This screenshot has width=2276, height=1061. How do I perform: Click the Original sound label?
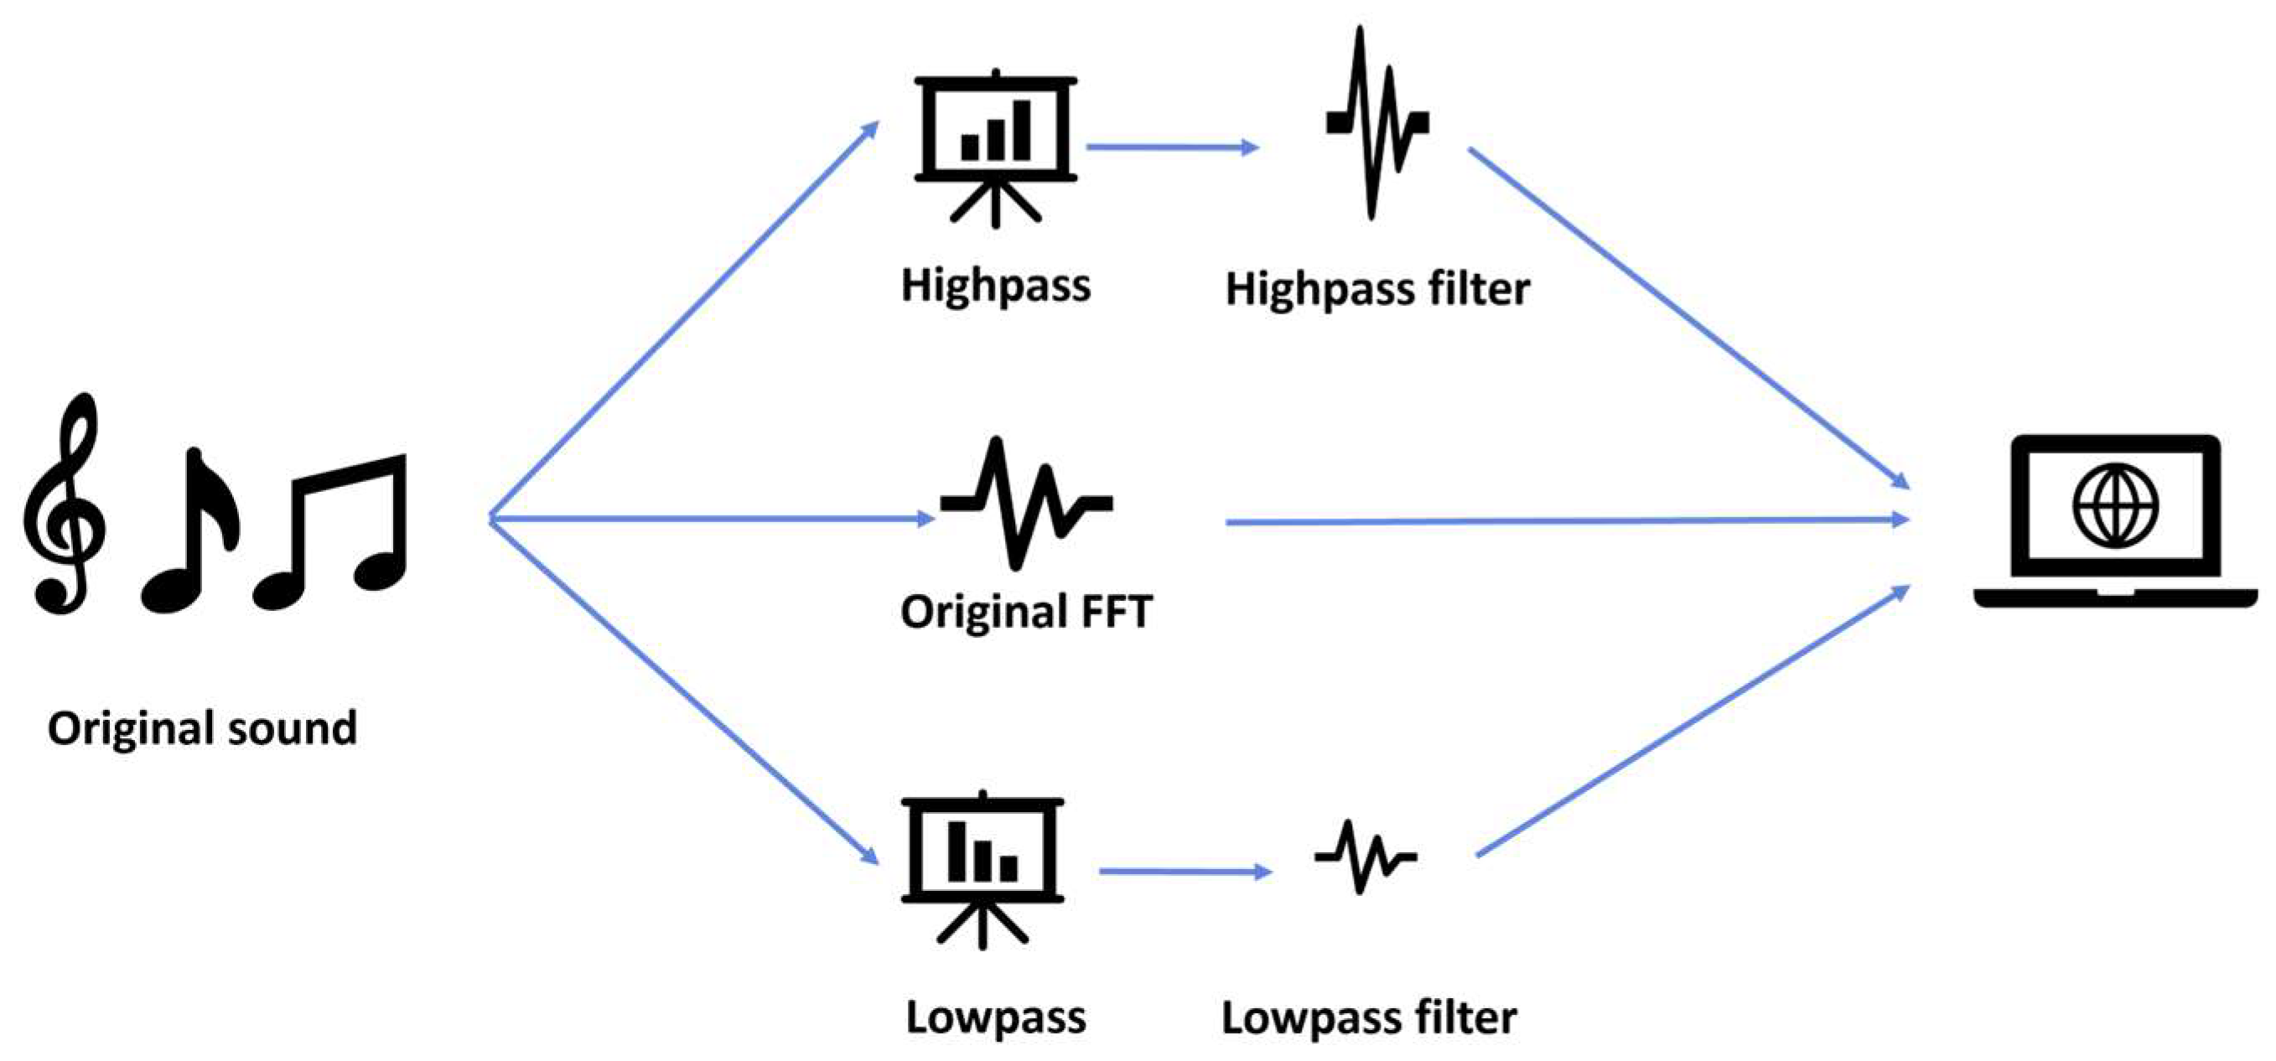pos(202,729)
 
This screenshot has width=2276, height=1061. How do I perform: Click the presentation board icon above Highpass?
pos(996,146)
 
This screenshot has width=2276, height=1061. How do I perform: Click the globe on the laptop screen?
pos(2116,506)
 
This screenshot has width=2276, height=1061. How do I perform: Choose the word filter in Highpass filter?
pos(1477,289)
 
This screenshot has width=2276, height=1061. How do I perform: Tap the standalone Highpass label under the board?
pos(996,285)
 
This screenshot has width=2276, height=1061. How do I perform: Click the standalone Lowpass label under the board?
pos(996,1017)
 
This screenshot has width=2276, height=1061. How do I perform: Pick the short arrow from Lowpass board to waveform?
pos(1184,872)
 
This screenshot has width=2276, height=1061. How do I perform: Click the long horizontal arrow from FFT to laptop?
pos(1564,521)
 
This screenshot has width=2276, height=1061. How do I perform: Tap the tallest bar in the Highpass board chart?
pos(1021,131)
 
